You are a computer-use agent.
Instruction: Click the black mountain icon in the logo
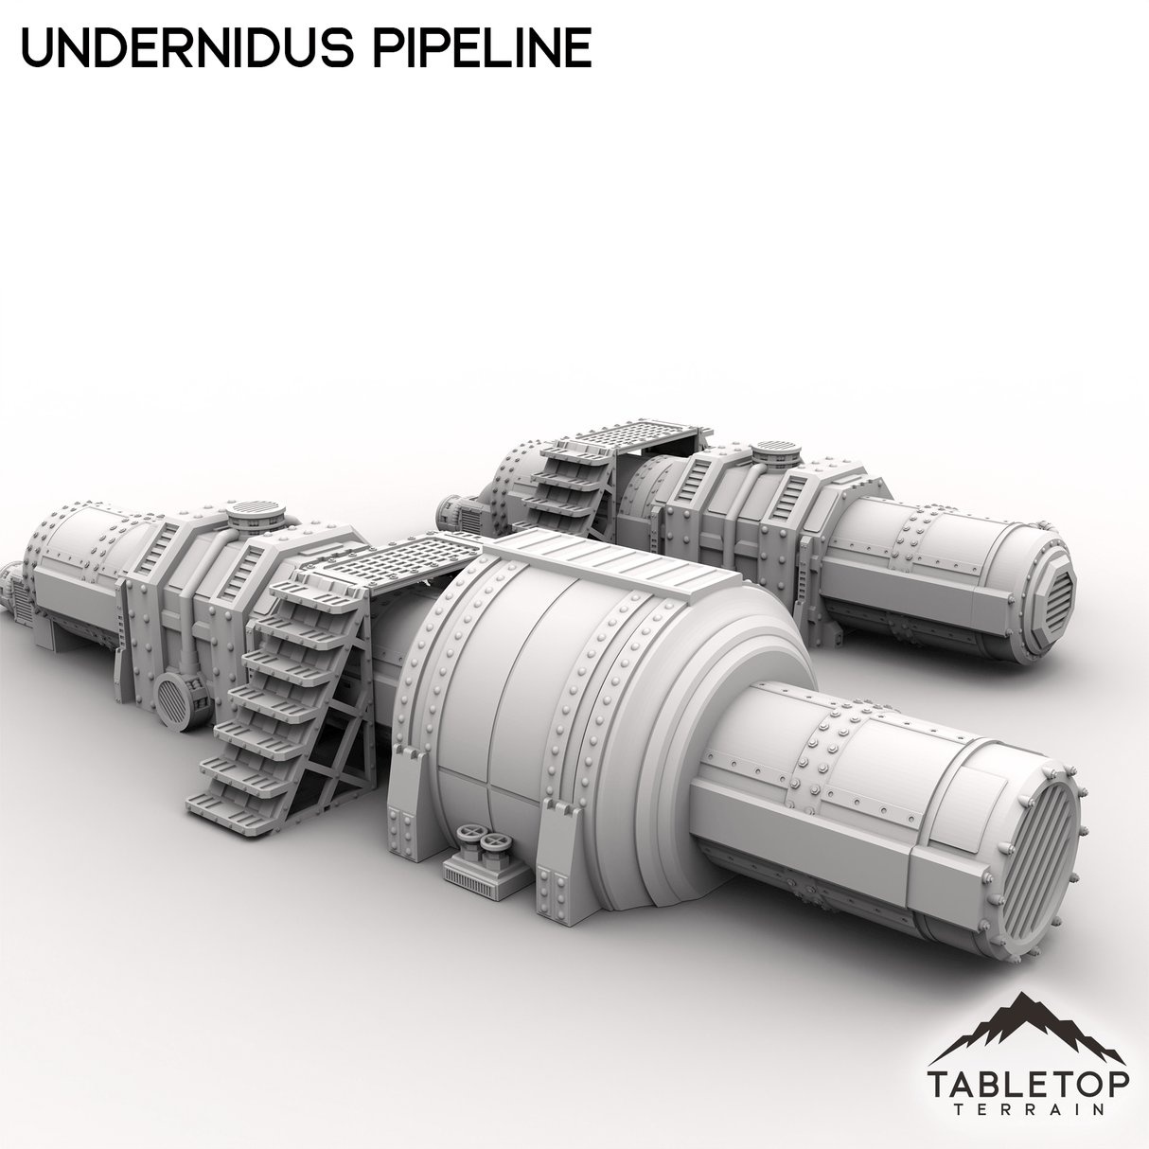point(1028,1027)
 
